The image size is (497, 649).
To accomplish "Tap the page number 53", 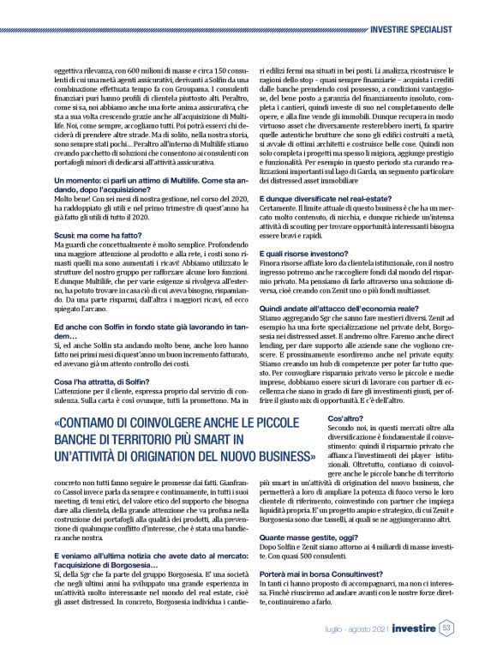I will pyautogui.click(x=447, y=628).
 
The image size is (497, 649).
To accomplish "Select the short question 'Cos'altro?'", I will pyautogui.click(x=347, y=418).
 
